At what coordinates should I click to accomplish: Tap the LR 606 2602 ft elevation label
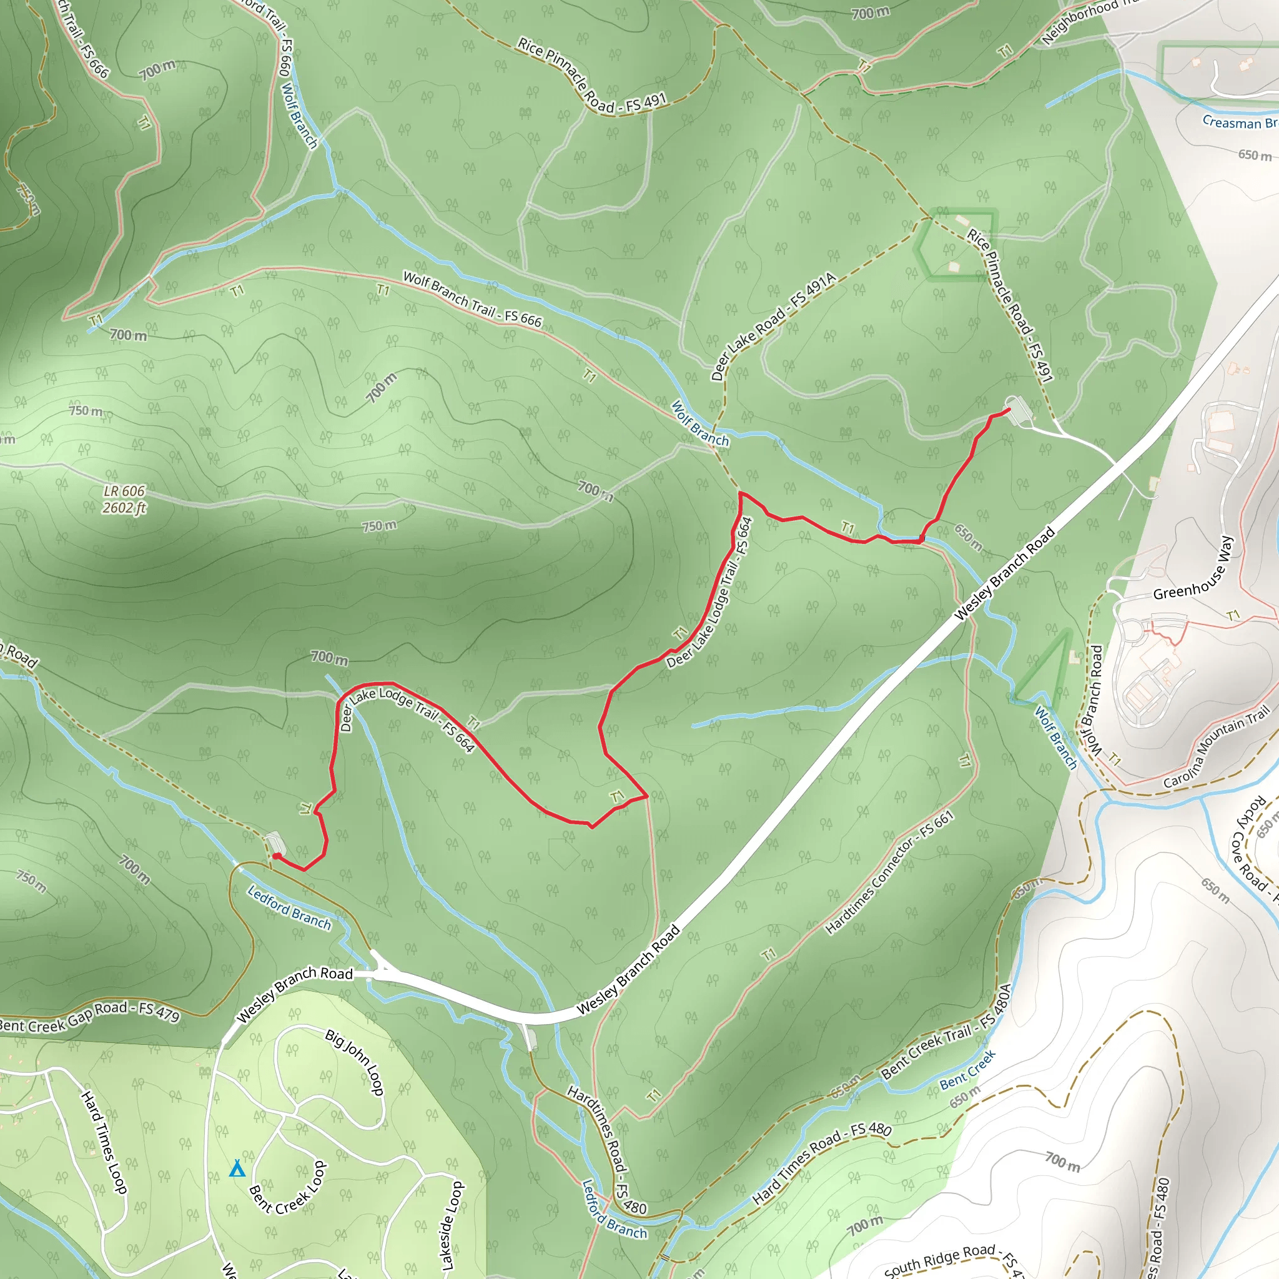pos(124,499)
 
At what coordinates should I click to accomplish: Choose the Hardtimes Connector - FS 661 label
pos(890,872)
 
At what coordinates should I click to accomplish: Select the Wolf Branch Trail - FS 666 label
pos(472,299)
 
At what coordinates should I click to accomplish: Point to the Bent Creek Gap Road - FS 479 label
pos(89,1016)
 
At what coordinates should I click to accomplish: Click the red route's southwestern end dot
pos(275,856)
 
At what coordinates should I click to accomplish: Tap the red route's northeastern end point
pos(1009,410)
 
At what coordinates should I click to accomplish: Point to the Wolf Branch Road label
pos(1094,701)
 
